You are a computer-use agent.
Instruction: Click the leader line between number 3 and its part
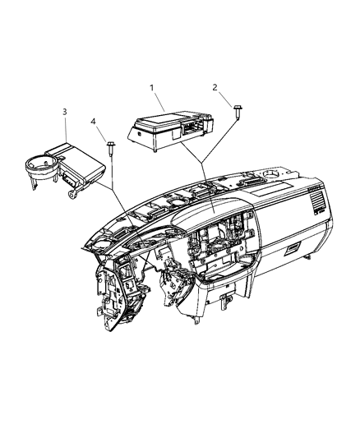pos(65,131)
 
